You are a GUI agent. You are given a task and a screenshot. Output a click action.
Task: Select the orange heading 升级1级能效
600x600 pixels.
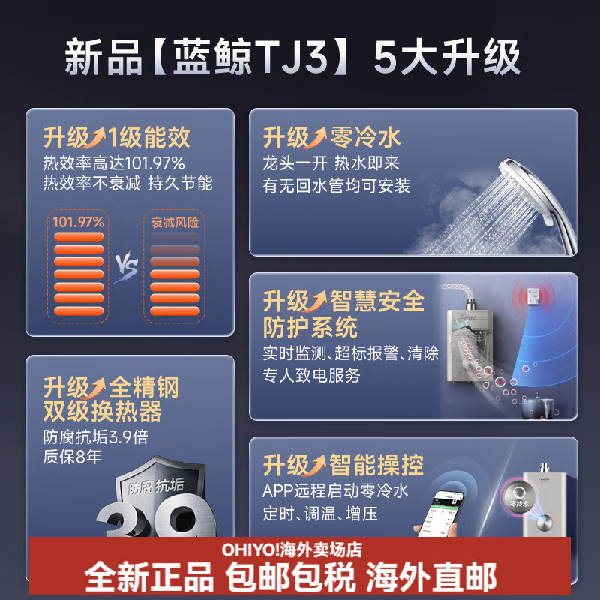click(x=116, y=138)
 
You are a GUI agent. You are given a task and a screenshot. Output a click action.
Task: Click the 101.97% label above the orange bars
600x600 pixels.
click(x=78, y=222)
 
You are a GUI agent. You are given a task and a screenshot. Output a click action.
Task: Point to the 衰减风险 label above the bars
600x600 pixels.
click(x=174, y=223)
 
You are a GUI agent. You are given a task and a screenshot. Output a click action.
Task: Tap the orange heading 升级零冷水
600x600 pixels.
click(x=331, y=138)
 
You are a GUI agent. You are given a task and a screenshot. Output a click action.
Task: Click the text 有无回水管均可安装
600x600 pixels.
click(x=337, y=186)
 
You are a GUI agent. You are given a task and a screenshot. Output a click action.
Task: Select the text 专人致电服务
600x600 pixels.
click(x=311, y=375)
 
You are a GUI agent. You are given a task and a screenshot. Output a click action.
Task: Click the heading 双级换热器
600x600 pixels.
click(x=102, y=412)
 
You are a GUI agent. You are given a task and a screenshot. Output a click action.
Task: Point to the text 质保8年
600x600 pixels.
click(x=72, y=456)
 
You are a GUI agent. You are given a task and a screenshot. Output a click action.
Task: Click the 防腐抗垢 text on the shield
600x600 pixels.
click(x=156, y=488)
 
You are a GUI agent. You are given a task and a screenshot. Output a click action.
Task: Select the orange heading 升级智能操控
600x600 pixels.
click(x=343, y=465)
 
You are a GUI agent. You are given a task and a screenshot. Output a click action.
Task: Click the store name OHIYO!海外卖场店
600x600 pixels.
click(x=292, y=550)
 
